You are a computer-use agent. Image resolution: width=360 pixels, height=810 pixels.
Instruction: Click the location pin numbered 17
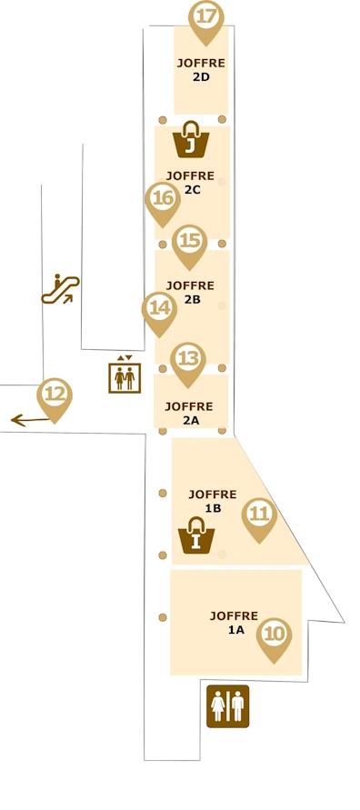point(206,18)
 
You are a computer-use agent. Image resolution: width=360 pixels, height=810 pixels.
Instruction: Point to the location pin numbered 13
point(187,360)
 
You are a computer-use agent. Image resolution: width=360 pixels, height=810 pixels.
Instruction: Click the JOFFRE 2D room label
point(201,70)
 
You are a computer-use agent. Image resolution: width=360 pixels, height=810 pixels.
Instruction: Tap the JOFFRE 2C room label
point(190,183)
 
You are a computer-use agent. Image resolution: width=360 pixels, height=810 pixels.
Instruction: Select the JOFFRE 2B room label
point(190,292)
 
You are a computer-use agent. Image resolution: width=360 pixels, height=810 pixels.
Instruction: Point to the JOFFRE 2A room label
point(190,413)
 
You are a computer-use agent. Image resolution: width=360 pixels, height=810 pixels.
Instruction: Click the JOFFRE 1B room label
point(212,501)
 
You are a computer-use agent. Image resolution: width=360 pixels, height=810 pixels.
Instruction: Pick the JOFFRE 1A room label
point(234,622)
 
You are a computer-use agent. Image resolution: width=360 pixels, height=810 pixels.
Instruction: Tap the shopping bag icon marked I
point(195,535)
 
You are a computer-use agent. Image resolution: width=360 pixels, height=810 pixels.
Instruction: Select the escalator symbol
point(60,289)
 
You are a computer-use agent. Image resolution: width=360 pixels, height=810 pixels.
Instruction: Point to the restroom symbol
point(227,705)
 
